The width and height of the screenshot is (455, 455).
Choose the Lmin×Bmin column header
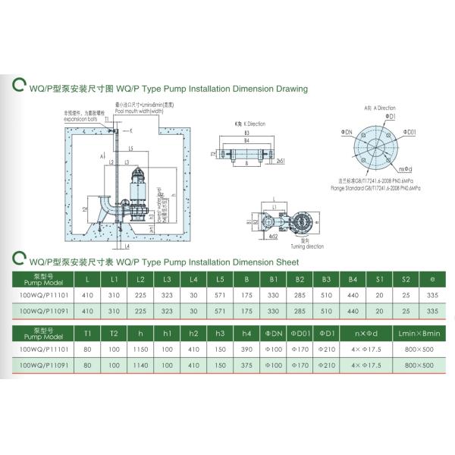point(418,333)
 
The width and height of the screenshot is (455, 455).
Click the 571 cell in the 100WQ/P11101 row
point(219,296)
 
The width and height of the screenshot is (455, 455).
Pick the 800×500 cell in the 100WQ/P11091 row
point(418,365)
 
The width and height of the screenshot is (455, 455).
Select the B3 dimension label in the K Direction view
point(246,132)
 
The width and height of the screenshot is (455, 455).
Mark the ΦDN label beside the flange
point(347,132)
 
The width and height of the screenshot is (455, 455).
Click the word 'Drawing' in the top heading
point(290,89)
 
